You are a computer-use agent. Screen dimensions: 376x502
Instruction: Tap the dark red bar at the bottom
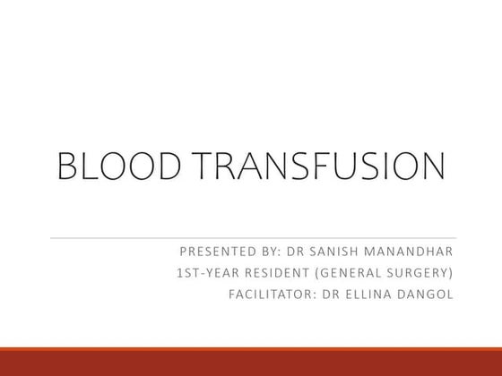(251, 363)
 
